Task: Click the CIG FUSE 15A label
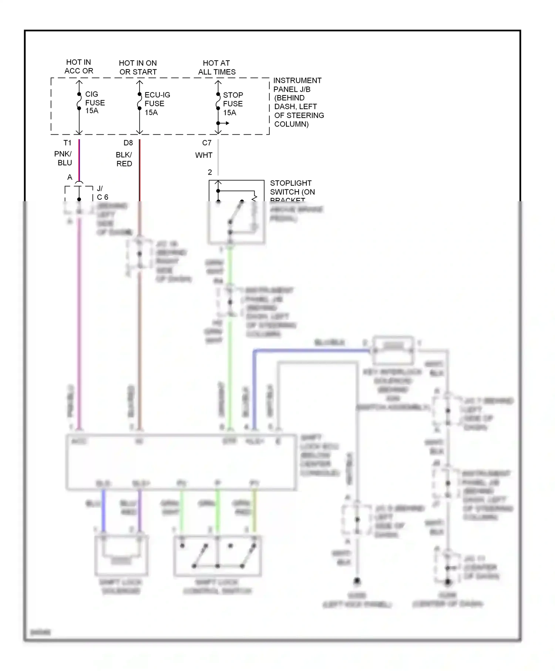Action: point(95,102)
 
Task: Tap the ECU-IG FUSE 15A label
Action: point(157,104)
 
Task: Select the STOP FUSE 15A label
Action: point(233,104)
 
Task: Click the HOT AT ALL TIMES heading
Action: point(216,67)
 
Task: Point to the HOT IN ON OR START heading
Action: point(138,67)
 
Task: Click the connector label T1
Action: point(67,143)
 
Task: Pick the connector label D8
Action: point(128,143)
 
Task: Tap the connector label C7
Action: point(206,143)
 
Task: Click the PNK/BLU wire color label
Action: point(63,158)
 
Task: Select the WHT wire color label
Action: point(203,155)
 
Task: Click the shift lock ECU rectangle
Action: point(181,462)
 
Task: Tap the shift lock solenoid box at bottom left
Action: point(121,555)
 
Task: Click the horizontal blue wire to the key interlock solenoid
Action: point(311,350)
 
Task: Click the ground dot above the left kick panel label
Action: point(357,581)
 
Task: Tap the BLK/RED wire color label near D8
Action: point(124,159)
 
